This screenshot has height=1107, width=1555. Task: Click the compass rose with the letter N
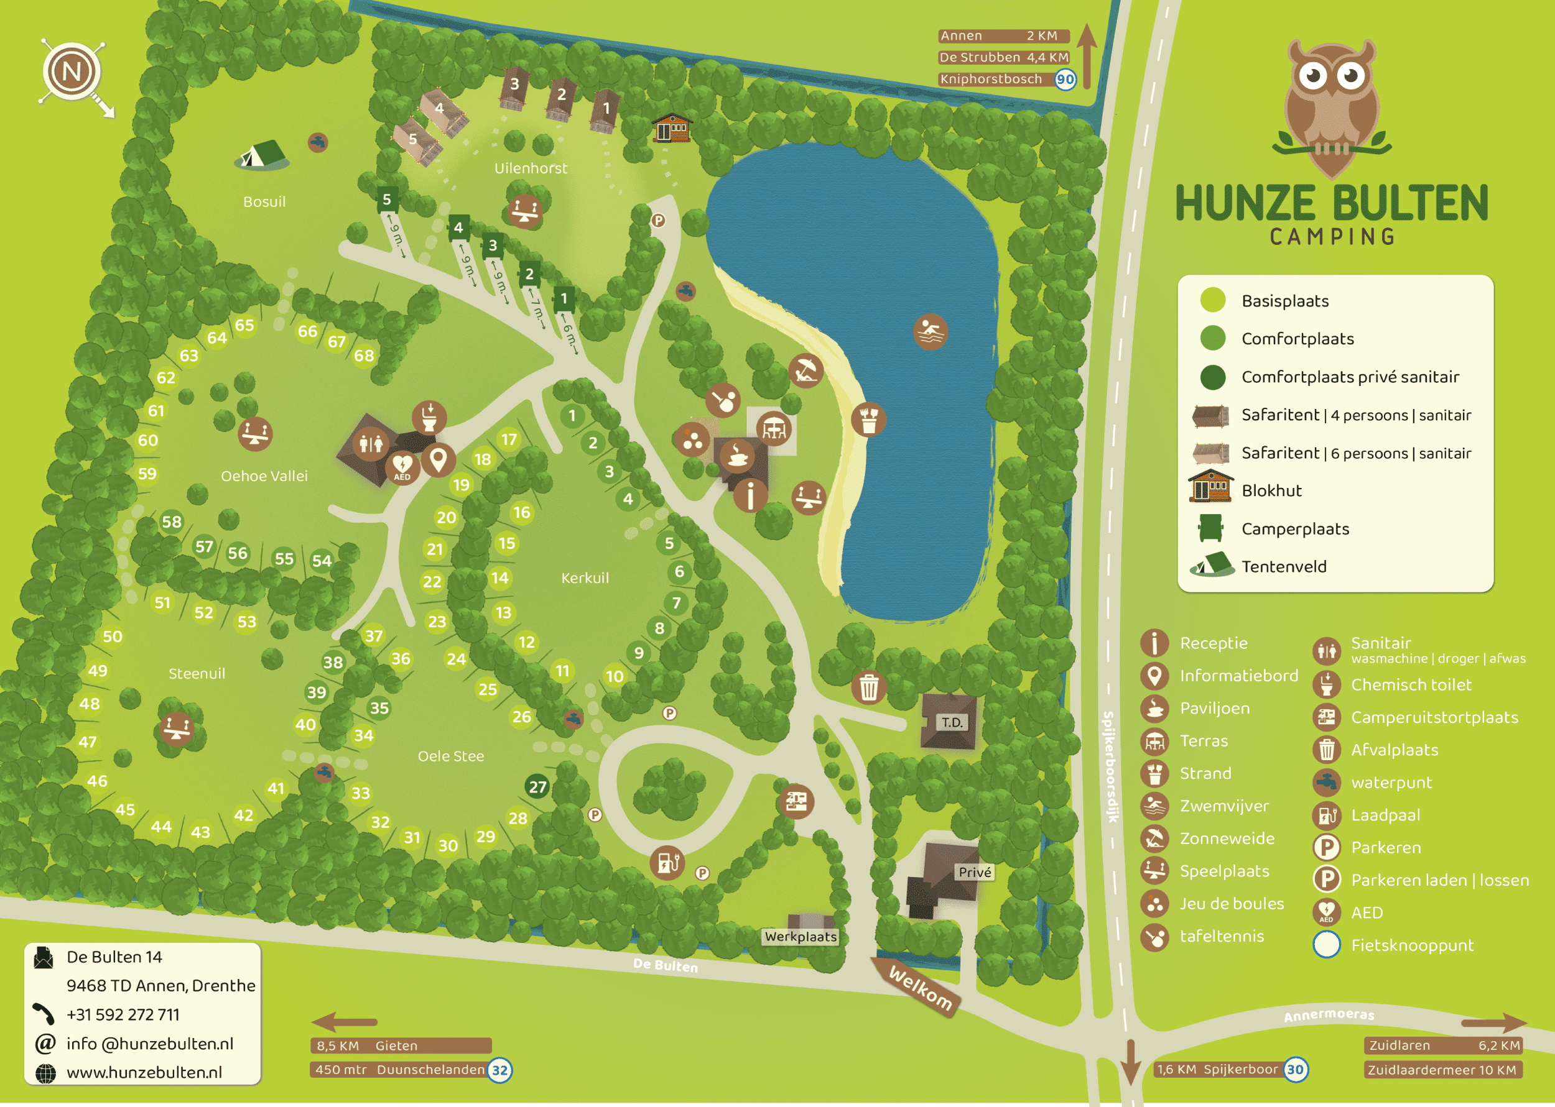point(72,71)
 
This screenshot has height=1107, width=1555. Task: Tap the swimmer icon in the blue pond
point(930,333)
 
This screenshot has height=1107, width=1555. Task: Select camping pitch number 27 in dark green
point(537,787)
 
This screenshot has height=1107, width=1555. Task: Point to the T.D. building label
point(952,722)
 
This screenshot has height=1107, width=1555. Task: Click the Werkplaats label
point(800,937)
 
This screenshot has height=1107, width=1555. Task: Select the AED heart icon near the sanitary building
point(402,467)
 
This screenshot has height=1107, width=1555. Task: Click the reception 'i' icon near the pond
point(750,495)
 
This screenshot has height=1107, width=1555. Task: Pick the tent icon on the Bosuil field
point(261,155)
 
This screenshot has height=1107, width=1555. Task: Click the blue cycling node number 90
point(1065,79)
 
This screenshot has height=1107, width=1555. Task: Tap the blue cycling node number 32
point(500,1070)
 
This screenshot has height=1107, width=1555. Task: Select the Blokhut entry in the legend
point(1271,491)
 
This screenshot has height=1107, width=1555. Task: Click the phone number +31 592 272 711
point(123,1014)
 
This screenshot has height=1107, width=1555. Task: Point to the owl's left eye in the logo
point(1313,75)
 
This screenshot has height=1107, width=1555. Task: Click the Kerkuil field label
point(585,578)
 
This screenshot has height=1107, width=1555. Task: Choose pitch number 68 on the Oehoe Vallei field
point(363,355)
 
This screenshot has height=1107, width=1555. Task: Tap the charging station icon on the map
point(666,862)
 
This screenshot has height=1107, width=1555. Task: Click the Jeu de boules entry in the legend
point(1231,904)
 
